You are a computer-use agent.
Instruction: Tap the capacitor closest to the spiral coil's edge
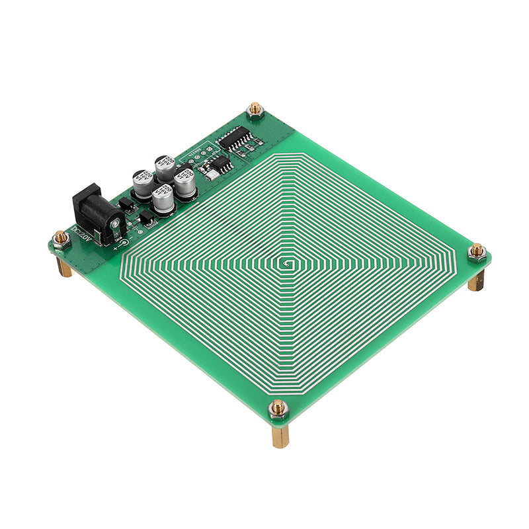coord(185,183)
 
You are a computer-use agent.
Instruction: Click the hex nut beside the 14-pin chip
coord(255,110)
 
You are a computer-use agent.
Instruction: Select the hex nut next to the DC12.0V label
coord(61,239)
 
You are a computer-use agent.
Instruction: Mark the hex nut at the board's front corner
coord(278,410)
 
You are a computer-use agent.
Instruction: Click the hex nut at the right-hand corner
coord(477,251)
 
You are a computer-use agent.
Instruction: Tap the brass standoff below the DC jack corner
coord(64,266)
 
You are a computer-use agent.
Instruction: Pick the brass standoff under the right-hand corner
coord(476,279)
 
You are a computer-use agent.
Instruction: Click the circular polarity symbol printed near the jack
coord(124,242)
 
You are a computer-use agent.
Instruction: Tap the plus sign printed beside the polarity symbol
coord(115,247)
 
